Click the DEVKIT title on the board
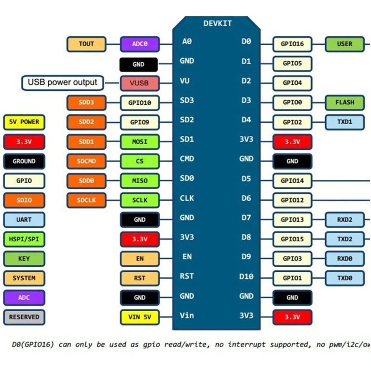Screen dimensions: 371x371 pyautogui.click(x=217, y=23)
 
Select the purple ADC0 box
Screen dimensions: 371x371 pyautogui.click(x=140, y=44)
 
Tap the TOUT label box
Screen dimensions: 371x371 pyautogui.click(x=86, y=44)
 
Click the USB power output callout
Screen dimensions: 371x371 pyautogui.click(x=63, y=83)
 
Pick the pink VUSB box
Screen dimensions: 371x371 pyautogui.click(x=140, y=83)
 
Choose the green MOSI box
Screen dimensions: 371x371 pyautogui.click(x=140, y=142)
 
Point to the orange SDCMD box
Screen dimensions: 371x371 pyautogui.click(x=86, y=161)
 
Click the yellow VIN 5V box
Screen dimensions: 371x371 pyautogui.click(x=140, y=318)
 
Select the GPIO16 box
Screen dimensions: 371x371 pyautogui.click(x=292, y=44)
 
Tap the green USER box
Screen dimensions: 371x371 pyautogui.click(x=345, y=44)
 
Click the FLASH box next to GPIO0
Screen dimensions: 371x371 pyautogui.click(x=345, y=102)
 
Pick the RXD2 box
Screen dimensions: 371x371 pyautogui.click(x=345, y=220)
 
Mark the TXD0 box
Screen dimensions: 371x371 pyautogui.click(x=345, y=278)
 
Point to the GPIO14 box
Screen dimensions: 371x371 pyautogui.click(x=292, y=181)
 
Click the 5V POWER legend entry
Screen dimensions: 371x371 pyautogui.click(x=24, y=122)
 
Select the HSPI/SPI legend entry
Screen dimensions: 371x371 pyautogui.click(x=24, y=239)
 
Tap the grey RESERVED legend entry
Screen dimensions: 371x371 pyautogui.click(x=24, y=317)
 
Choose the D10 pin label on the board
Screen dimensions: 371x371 pyautogui.click(x=246, y=277)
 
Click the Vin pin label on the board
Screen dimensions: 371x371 pyautogui.click(x=187, y=316)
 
